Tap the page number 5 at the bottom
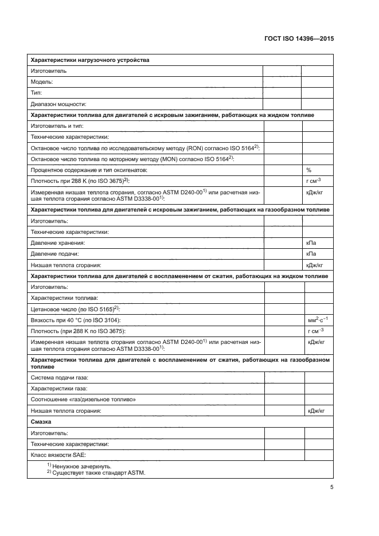click(332, 487)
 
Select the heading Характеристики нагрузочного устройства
click(90, 60)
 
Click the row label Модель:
click(42, 82)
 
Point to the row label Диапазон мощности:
click(58, 104)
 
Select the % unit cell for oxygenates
click(309, 170)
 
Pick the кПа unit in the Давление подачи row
click(312, 254)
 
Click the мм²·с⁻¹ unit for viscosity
click(317, 319)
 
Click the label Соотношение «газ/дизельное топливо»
click(83, 400)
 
